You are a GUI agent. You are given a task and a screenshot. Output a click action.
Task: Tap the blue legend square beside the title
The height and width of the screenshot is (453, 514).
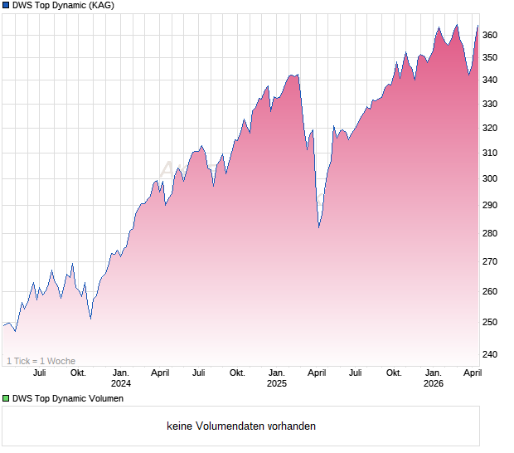pos(6,5)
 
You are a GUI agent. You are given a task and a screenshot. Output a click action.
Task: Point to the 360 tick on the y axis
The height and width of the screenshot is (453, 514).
pos(490,35)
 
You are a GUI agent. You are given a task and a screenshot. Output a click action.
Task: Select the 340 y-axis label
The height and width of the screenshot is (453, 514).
pos(490,80)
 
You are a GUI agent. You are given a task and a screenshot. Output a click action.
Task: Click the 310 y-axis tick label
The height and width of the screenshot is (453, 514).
pos(490,153)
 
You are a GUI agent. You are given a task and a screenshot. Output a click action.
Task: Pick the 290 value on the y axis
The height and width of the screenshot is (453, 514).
pos(490,205)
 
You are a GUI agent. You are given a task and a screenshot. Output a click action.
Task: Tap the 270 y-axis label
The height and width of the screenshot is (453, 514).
pos(490,261)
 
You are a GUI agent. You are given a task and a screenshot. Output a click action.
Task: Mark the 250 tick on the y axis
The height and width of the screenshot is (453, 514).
pos(490,322)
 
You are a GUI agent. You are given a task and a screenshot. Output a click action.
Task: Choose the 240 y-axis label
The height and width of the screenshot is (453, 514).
pos(490,354)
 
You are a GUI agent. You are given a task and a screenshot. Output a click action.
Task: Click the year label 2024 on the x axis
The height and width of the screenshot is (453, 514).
pos(121,384)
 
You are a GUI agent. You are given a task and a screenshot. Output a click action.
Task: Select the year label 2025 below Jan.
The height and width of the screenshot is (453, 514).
pos(277,384)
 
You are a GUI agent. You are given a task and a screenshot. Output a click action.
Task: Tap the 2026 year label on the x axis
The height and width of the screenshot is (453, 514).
pos(434,384)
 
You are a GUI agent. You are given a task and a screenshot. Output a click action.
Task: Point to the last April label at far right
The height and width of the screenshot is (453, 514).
pos(473,373)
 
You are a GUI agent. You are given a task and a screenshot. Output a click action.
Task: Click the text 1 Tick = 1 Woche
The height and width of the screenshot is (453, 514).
pos(41,361)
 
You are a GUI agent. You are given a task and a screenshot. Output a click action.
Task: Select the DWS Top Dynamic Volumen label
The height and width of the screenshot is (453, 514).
pos(68,399)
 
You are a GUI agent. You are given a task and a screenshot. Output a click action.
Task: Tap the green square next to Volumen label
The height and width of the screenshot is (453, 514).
pos(6,399)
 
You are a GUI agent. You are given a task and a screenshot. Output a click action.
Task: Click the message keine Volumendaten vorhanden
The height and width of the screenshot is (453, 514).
pos(240,426)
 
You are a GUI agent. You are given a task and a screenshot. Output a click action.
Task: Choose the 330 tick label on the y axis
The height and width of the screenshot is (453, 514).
pos(490,104)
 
